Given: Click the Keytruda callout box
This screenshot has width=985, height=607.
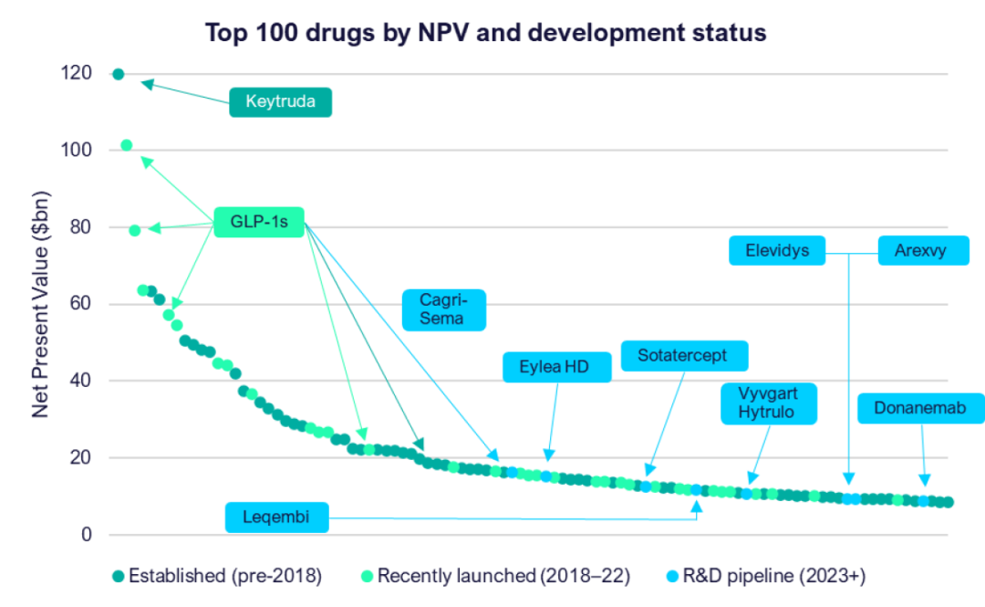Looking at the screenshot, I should (280, 101).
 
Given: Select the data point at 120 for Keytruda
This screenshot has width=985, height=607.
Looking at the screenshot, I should (118, 73).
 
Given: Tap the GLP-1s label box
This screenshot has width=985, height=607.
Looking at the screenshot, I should (259, 221).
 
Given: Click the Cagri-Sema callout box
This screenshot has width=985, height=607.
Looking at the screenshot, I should (442, 309).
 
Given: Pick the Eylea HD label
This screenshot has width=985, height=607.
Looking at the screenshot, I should (554, 368).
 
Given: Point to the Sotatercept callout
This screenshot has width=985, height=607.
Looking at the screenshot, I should (673, 355).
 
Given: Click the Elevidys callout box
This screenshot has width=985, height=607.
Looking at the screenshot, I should (777, 250).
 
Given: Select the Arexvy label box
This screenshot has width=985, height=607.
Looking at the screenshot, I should (924, 250).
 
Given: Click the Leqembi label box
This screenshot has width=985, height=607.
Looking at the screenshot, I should (276, 518).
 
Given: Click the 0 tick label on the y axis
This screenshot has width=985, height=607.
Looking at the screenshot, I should (86, 534).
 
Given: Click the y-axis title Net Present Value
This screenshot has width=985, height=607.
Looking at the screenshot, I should (42, 306).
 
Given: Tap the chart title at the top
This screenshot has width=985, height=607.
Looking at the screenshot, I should (484, 33).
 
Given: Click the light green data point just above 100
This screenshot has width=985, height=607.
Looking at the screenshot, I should (127, 145).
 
